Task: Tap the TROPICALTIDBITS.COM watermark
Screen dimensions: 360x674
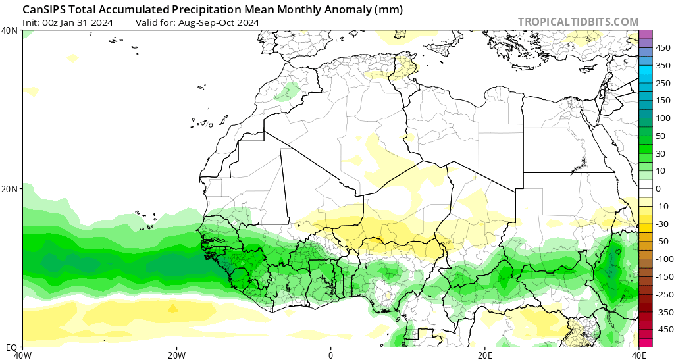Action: coord(578,22)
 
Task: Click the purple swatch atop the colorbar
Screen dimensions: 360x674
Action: coord(646,34)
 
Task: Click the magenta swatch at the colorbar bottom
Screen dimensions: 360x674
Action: coord(646,342)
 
